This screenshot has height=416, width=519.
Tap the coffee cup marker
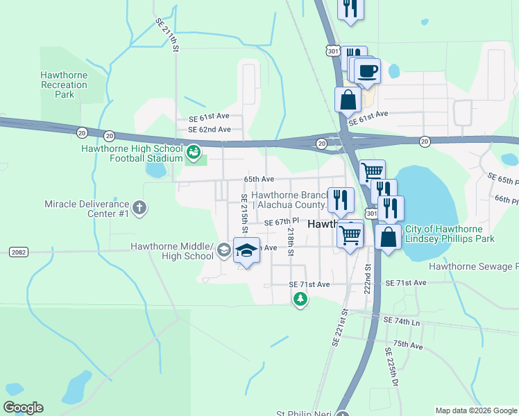[367, 70]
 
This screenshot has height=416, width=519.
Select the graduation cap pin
[246, 250]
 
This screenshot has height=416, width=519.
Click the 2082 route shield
[18, 252]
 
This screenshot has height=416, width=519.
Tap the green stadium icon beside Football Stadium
[194, 150]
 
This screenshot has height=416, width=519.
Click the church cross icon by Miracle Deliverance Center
[139, 207]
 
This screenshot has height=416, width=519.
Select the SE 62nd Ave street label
[210, 129]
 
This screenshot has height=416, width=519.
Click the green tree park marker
[300, 299]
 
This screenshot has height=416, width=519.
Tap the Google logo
[23, 408]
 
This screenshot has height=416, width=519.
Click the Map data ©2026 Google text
[475, 410]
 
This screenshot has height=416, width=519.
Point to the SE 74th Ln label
[402, 322]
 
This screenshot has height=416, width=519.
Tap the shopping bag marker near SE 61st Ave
[348, 101]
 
